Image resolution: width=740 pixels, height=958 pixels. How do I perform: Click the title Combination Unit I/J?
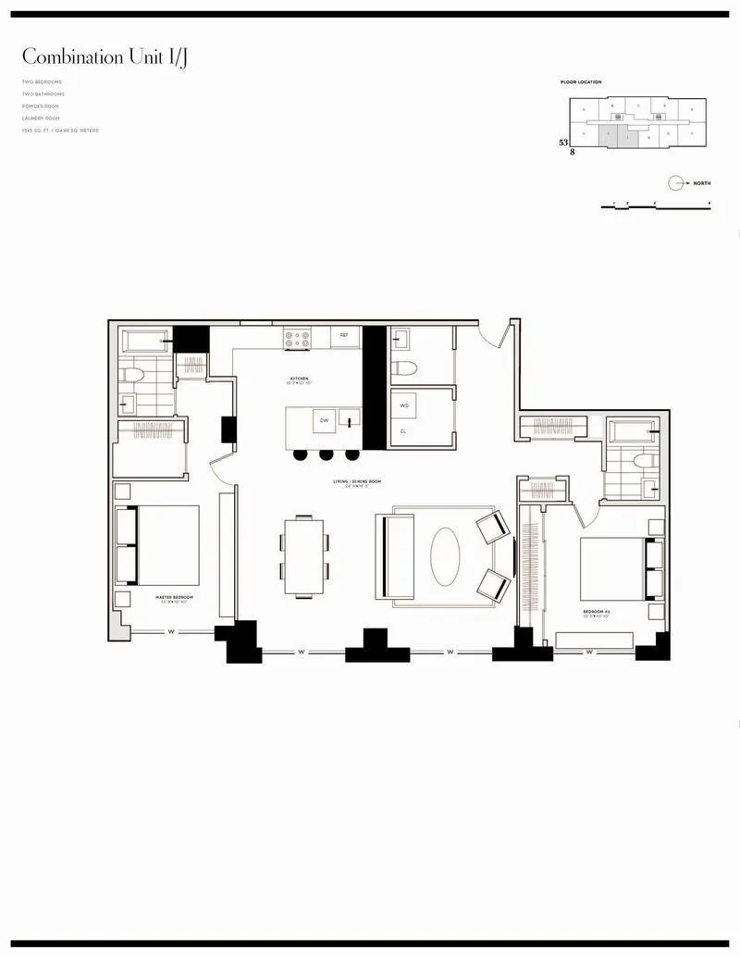pos(108,57)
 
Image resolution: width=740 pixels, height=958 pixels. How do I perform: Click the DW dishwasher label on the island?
pos(325,420)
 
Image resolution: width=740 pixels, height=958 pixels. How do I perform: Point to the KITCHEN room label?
pos(298,379)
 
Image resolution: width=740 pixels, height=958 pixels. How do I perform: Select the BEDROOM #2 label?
pos(596,612)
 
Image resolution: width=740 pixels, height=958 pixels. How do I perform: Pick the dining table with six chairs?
pos(304,555)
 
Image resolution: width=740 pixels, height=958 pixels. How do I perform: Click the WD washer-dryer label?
pos(404,405)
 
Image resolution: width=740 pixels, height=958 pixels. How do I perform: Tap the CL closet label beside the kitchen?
pos(403,431)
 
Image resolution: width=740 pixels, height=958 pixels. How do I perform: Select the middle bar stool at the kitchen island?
pos(325,454)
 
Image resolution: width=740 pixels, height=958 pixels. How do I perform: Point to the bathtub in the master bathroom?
pos(145,341)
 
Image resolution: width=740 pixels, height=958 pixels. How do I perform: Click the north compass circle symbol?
pos(676,183)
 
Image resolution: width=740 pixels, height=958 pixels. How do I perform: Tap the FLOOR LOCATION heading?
pos(580,82)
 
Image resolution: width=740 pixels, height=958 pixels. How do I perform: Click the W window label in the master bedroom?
pos(172,632)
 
